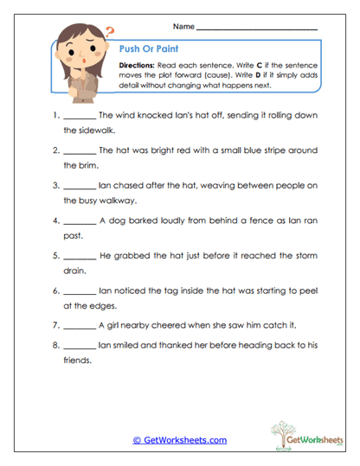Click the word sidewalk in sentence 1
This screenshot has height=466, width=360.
82,131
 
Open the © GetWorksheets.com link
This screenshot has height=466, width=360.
180,440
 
